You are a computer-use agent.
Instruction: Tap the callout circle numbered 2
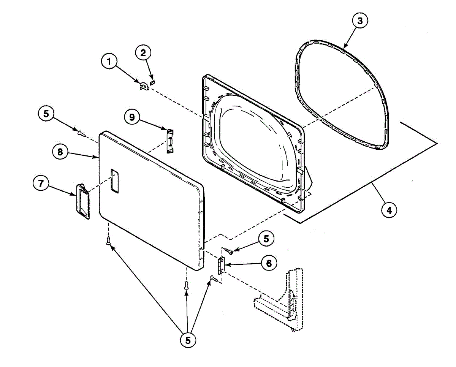143,53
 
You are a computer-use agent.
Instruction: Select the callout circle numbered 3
359,22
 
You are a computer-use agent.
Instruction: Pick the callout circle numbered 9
132,117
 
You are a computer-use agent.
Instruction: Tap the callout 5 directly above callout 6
265,239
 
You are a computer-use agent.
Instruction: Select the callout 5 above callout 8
46,114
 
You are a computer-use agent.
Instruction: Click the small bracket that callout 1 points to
143,86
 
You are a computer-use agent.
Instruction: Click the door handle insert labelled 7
82,201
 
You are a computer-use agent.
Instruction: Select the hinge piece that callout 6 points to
221,264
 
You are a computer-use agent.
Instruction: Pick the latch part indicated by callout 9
170,140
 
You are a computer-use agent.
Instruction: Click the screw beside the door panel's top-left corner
81,133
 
